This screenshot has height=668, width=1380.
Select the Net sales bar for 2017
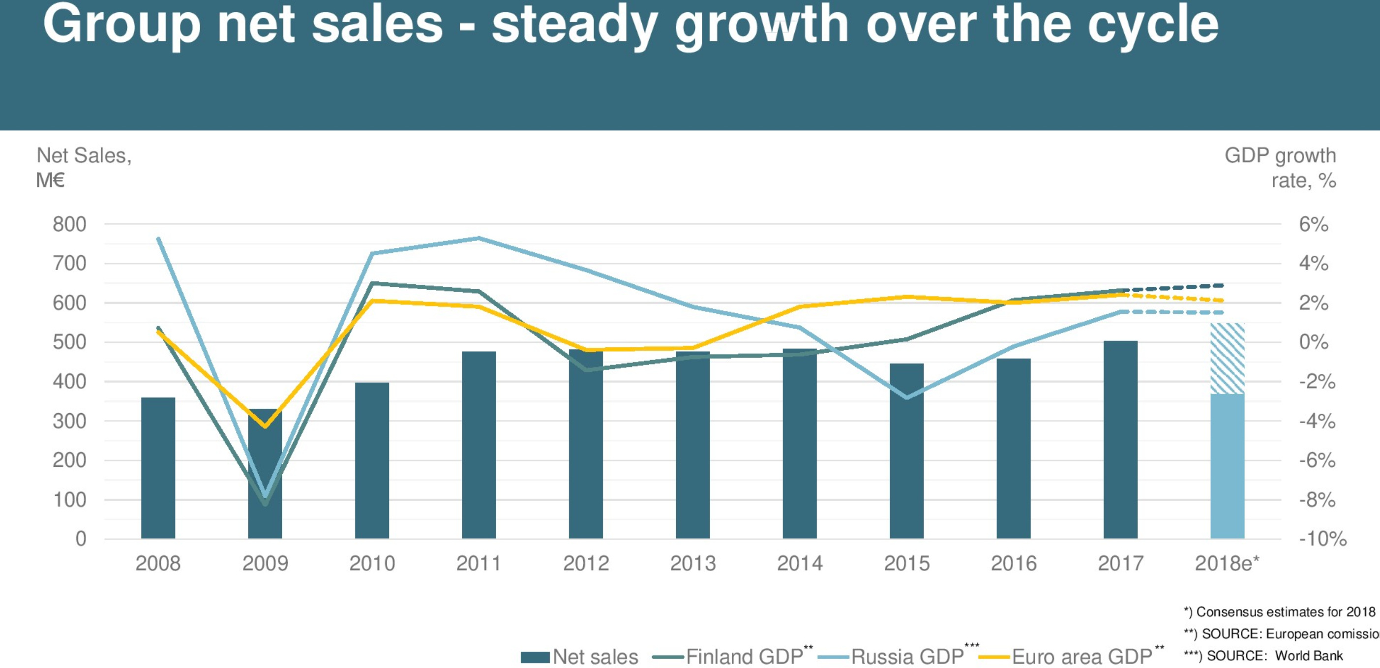click(1120, 439)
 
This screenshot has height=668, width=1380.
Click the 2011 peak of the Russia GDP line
click(479, 238)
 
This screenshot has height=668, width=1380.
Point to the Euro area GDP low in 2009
click(265, 426)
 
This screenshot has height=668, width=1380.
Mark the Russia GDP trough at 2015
click(906, 397)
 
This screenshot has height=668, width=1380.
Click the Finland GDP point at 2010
click(372, 283)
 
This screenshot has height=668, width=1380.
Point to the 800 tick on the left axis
click(69, 224)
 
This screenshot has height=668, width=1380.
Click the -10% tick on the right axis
click(1322, 538)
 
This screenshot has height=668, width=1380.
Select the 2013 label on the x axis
click(692, 564)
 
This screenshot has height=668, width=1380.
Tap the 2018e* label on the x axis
click(1227, 564)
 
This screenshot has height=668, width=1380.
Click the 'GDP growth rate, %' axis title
click(1280, 168)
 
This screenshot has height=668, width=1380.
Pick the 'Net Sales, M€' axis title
click(84, 168)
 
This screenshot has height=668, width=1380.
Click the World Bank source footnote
click(1263, 656)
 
